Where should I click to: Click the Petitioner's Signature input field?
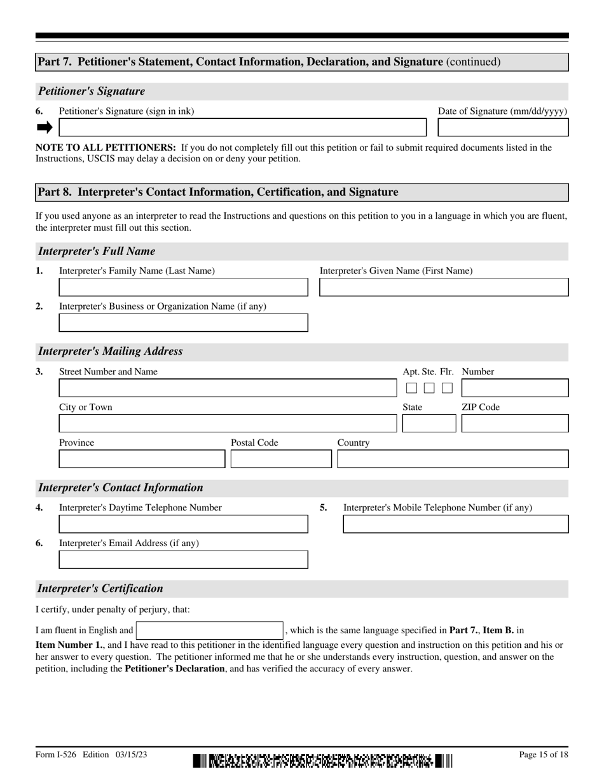pyautogui.click(x=242, y=128)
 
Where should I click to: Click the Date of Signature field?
pyautogui.click(x=503, y=128)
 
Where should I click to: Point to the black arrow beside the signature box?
pyautogui.click(x=45, y=128)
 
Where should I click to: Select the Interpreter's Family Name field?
pyautogui.click(x=183, y=287)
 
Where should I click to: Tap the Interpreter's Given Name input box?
pyautogui.click(x=443, y=287)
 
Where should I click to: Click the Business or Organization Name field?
pyautogui.click(x=183, y=323)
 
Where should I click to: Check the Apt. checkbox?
pyautogui.click(x=411, y=388)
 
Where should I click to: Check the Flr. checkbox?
pyautogui.click(x=448, y=388)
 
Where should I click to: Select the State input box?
pyautogui.click(x=429, y=423)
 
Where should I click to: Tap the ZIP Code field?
pyautogui.click(x=514, y=423)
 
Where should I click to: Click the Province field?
pyautogui.click(x=142, y=459)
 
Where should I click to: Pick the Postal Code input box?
pyautogui.click(x=281, y=459)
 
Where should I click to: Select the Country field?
pyautogui.click(x=453, y=459)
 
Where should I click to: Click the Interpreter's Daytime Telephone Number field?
pyautogui.click(x=183, y=524)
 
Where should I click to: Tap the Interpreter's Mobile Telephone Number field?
pyautogui.click(x=456, y=524)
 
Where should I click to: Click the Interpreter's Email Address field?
pyautogui.click(x=183, y=559)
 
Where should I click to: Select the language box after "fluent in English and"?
pyautogui.click(x=210, y=631)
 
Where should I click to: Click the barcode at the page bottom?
pyautogui.click(x=323, y=760)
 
